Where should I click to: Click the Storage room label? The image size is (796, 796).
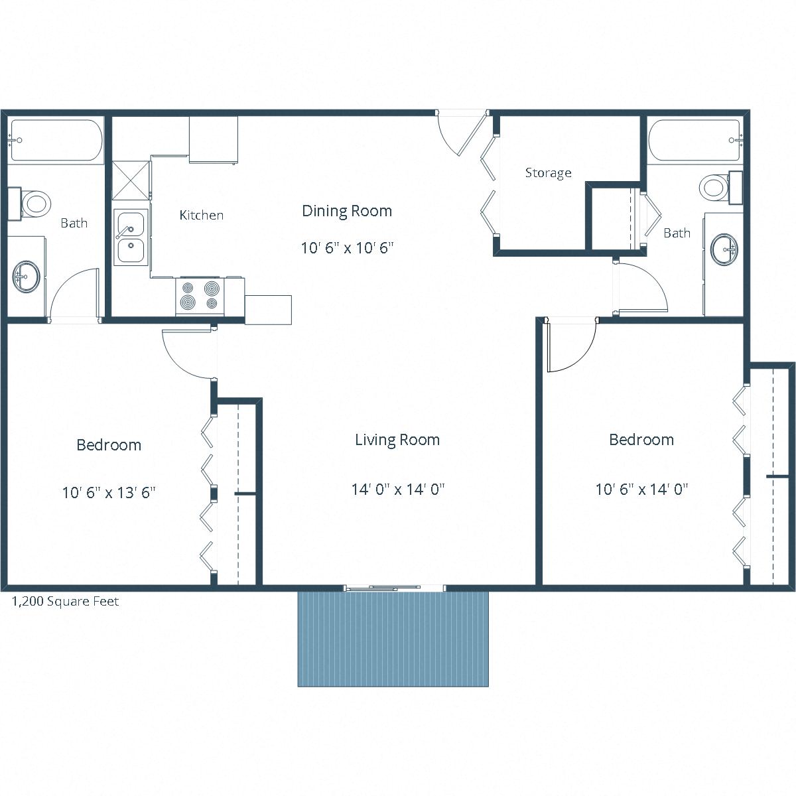pos(548,173)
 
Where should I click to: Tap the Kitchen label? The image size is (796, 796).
pos(201,215)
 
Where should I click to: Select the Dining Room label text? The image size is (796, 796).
pos(347,211)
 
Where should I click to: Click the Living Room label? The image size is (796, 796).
pos(397,440)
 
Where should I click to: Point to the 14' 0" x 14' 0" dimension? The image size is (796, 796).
pos(397,490)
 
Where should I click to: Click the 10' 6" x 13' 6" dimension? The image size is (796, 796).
pos(109,493)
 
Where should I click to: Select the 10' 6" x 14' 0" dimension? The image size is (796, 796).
pos(641,490)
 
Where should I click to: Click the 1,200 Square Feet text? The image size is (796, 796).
pos(66,602)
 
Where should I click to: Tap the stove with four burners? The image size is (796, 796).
pos(200,297)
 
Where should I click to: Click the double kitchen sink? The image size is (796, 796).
pos(131,237)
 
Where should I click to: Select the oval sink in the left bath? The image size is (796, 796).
pos(27,275)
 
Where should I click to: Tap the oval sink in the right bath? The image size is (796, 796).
pos(724,249)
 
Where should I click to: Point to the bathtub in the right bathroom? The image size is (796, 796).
pos(694,141)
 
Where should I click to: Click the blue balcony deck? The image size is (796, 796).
pos(393,639)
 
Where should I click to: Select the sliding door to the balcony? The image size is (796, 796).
pos(394,587)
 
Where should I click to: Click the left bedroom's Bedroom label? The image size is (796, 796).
pos(109,445)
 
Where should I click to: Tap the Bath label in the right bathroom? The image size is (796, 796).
pos(677,233)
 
